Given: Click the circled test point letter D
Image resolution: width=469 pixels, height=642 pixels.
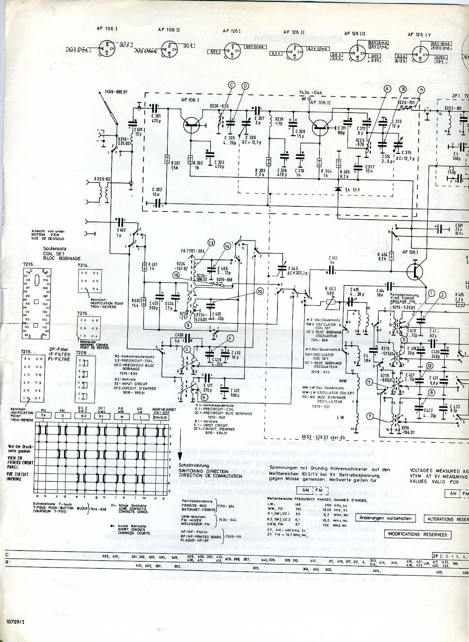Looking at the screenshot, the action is click(245, 86).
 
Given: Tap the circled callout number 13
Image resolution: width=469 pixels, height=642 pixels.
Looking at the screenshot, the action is click(211, 243).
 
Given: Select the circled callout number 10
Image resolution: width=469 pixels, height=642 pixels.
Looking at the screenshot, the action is click(260, 291).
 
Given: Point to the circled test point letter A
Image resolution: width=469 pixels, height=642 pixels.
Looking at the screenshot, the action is click(388, 89).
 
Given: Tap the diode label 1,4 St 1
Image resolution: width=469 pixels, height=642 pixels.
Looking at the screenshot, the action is click(353, 190).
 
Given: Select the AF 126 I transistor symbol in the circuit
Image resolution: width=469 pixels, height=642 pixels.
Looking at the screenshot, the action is click(414, 271).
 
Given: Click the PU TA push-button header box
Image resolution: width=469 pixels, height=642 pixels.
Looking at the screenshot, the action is click(44, 415).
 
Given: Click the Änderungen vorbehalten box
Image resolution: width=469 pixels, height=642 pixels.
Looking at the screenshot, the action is click(386, 518).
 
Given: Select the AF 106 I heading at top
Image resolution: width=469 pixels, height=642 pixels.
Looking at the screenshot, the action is click(107, 29).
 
